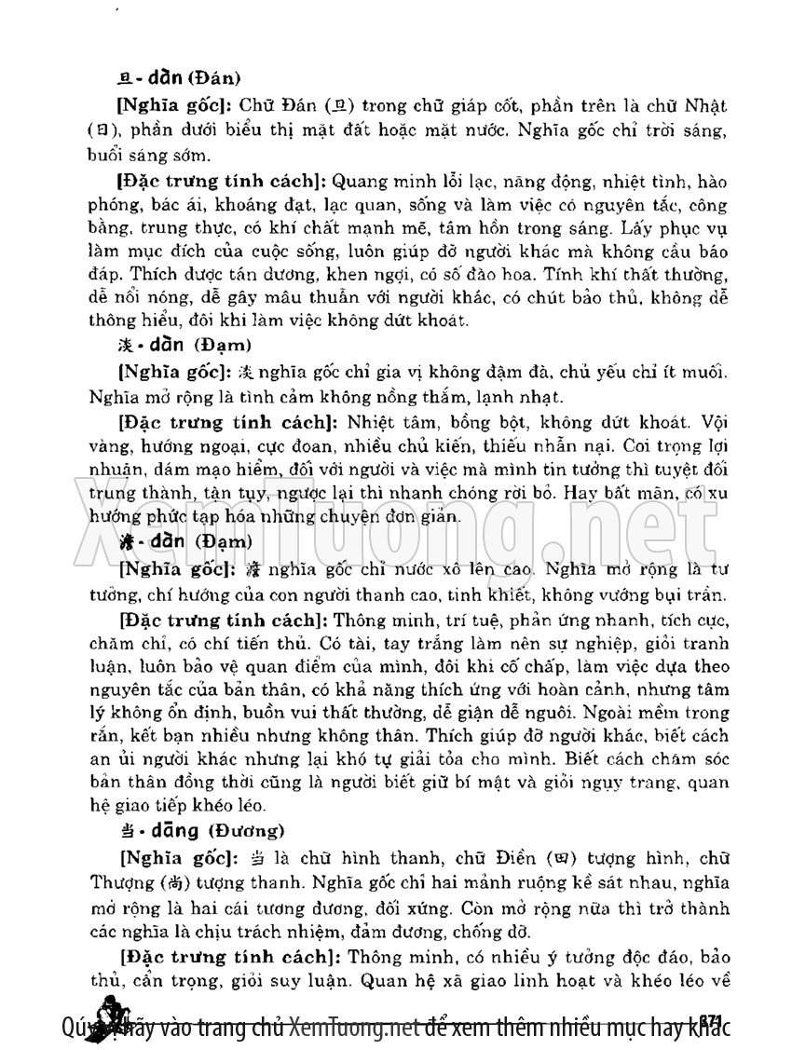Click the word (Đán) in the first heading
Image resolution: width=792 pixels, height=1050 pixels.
[218, 80]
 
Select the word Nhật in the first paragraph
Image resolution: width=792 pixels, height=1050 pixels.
[708, 106]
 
